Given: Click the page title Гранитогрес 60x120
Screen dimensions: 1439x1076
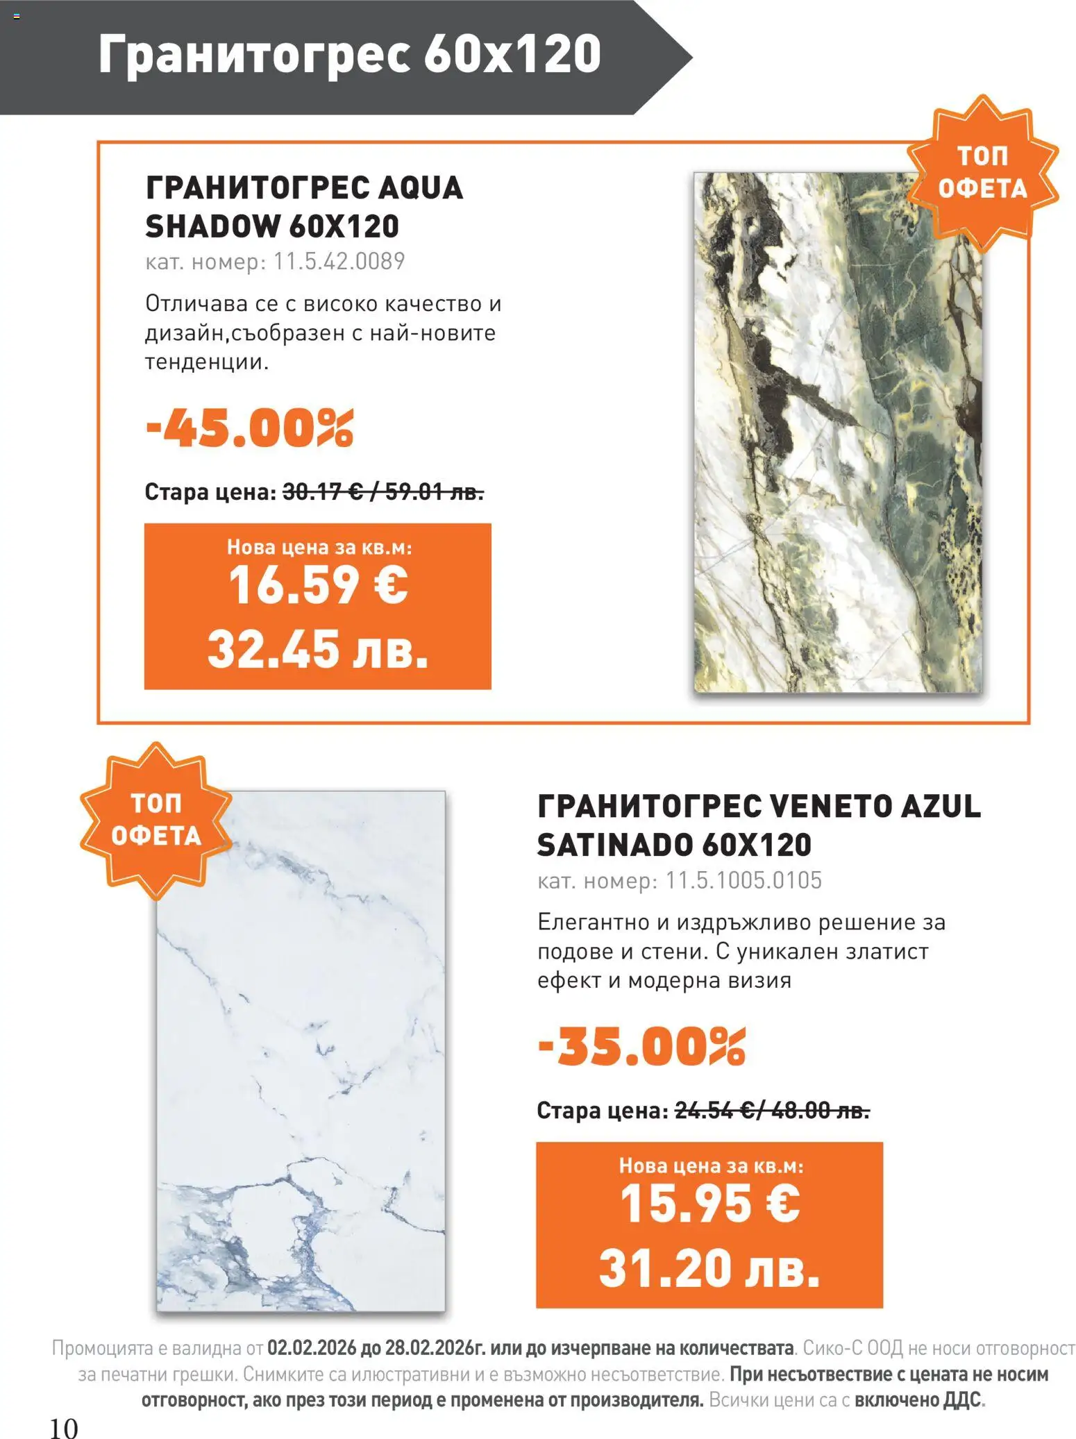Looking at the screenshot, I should point(349,54).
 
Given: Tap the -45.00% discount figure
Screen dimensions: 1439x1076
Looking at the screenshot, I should point(249,428).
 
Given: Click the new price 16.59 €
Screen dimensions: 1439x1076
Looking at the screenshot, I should point(318,585).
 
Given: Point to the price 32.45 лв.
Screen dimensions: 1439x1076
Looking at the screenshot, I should point(317,649).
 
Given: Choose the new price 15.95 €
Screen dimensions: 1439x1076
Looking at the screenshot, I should point(709,1204).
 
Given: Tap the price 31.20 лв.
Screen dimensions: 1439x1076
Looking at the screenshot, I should point(709,1268).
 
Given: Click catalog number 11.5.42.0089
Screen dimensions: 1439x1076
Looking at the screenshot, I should point(339,262).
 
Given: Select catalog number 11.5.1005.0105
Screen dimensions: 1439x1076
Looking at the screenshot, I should point(743,880).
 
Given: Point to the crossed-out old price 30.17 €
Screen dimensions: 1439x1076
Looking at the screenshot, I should point(322,492).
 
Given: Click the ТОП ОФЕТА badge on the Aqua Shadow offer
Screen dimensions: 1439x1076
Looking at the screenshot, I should point(982,172).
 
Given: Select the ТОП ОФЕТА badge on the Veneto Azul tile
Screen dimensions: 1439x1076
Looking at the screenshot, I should point(155,820).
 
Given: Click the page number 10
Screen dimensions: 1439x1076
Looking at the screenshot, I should point(64,1429).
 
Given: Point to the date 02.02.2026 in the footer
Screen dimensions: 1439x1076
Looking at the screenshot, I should point(312,1348).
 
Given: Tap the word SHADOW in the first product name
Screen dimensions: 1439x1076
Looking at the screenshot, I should point(211,226).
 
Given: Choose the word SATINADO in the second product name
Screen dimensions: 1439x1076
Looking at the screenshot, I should point(614,845).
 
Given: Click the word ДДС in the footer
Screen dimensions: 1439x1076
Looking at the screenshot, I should point(962,1399).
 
